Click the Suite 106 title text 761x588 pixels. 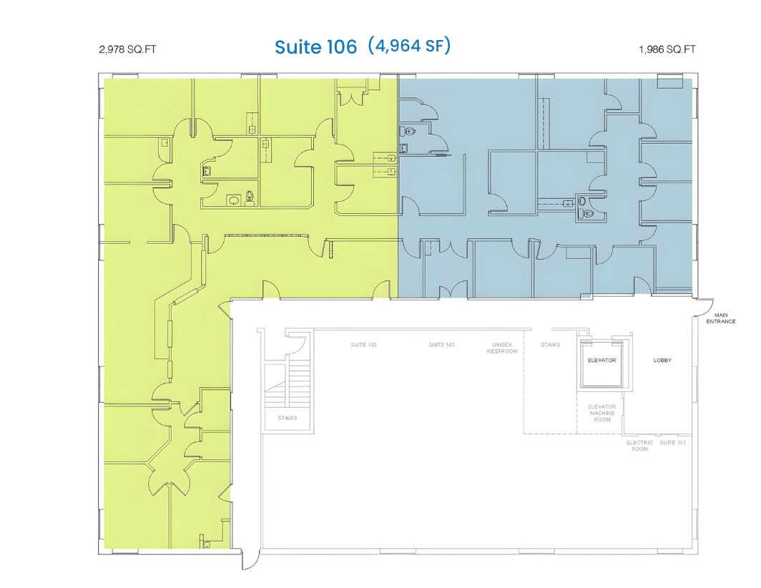tap(315, 47)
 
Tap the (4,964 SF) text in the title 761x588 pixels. tap(409, 46)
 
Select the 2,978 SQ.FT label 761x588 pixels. tap(127, 50)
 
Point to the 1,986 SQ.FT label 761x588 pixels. tap(667, 50)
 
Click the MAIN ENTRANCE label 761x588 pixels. tap(720, 318)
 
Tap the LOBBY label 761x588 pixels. tap(662, 361)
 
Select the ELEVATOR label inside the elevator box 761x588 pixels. tap(602, 361)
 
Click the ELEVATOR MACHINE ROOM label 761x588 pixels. tap(602, 413)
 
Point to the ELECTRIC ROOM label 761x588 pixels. tap(639, 446)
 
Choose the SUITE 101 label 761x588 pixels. tap(672, 443)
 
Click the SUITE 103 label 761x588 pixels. tap(363, 345)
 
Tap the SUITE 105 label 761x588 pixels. tap(441, 345)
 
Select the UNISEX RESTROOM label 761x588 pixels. tap(502, 348)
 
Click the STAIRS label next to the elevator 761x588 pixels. tap(550, 345)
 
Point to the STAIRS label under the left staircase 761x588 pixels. tap(288, 418)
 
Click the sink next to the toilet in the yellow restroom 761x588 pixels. tap(233, 200)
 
